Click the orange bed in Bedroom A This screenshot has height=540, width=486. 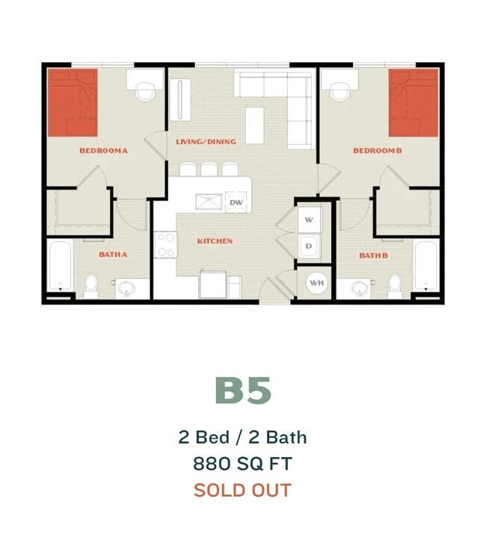(73, 102)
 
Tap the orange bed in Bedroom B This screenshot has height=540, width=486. (413, 102)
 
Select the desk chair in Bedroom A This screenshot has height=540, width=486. (144, 92)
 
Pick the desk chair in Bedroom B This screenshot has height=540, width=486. (340, 92)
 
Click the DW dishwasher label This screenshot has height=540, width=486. (236, 202)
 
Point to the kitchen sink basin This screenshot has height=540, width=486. (209, 202)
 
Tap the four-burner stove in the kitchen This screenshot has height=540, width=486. (165, 244)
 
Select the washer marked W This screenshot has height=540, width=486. (310, 220)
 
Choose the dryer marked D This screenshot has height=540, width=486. (310, 246)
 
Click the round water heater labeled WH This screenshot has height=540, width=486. (317, 283)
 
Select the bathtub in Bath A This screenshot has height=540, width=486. (61, 266)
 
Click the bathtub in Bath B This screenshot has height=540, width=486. (426, 266)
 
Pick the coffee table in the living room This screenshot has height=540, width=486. (255, 125)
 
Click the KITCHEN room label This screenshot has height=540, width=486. (215, 241)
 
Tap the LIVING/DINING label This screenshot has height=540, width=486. (206, 142)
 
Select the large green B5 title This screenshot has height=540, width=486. (243, 391)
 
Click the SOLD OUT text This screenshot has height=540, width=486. (243, 490)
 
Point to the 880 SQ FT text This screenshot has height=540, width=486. (243, 464)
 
